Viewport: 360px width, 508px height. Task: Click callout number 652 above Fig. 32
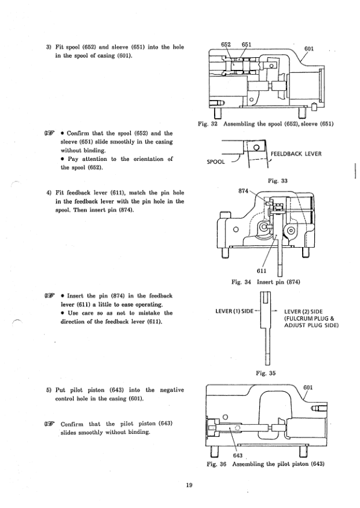226,45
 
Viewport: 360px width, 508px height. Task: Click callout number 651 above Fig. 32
247,45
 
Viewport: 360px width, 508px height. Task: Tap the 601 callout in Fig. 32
309,49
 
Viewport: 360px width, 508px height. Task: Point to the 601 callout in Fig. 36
308,387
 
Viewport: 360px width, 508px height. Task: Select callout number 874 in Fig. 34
243,191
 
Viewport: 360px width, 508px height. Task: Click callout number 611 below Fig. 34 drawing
261,271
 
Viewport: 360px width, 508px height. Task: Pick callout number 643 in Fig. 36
238,455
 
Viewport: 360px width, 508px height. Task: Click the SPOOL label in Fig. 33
216,161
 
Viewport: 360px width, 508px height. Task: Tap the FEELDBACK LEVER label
296,154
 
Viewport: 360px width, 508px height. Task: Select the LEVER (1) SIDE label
235,311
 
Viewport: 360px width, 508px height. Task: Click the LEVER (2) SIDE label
303,312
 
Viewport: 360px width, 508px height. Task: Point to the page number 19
189,485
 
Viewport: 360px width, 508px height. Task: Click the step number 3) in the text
49,47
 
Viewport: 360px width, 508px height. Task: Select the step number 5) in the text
49,390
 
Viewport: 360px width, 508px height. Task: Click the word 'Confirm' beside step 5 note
72,424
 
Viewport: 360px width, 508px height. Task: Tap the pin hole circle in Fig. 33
256,148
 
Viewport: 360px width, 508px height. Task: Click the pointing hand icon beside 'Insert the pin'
49,296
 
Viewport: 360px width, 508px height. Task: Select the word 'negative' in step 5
172,390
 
